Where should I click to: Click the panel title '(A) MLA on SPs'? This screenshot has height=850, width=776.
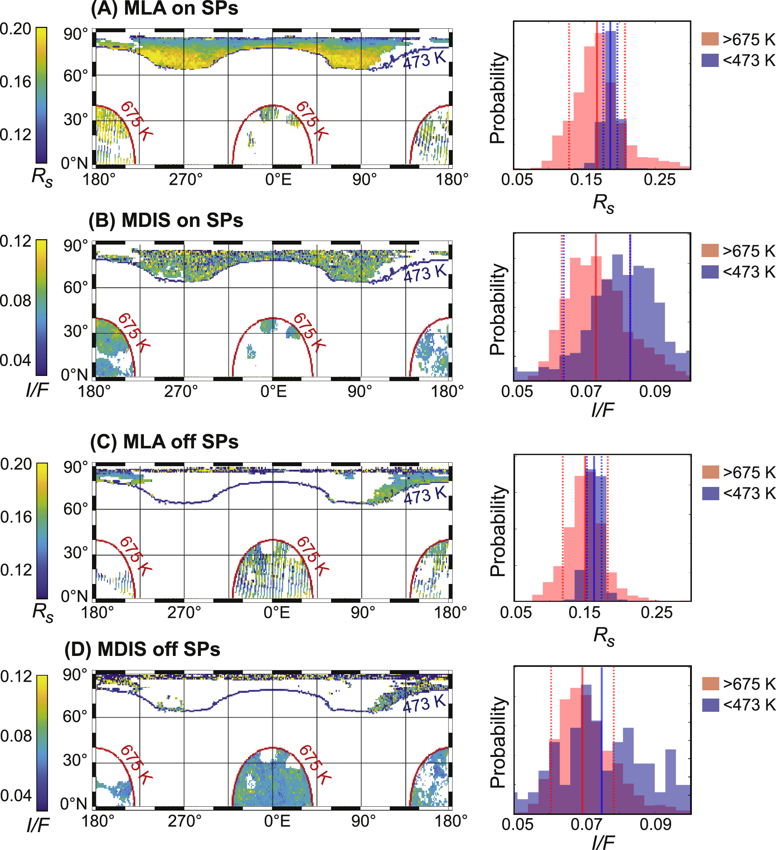164,9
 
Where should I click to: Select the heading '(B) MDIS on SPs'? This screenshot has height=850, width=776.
166,221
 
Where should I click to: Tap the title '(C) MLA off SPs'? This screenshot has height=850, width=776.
164,442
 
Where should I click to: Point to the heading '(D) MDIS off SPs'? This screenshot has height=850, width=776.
142,649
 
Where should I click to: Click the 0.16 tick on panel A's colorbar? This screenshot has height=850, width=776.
16,82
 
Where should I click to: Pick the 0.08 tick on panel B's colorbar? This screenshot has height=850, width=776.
16,301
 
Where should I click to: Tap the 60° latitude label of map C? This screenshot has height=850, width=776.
76,509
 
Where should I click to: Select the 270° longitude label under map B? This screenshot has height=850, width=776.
181,392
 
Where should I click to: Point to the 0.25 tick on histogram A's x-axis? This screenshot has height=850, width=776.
659,180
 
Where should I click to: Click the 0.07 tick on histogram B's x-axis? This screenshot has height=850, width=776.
586,392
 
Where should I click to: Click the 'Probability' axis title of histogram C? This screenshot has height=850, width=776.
498,530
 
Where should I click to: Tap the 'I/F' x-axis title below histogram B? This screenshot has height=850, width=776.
602,410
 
